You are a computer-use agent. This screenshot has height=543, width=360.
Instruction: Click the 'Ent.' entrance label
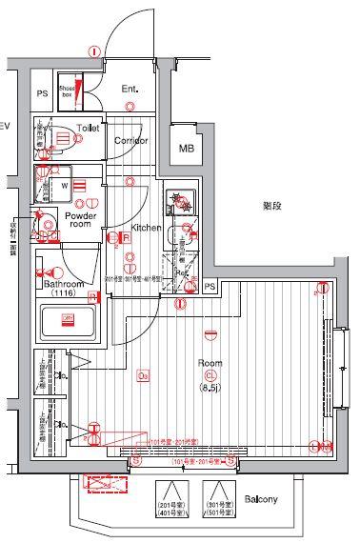click(x=130, y=90)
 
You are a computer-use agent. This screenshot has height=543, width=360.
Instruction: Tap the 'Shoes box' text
click(x=67, y=91)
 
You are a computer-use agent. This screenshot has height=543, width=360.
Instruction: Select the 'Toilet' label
click(x=89, y=127)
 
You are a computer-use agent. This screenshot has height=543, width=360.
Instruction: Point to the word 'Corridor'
click(x=130, y=140)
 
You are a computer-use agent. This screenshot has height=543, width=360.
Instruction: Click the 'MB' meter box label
click(x=186, y=149)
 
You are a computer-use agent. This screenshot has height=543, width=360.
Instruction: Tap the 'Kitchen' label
click(x=146, y=228)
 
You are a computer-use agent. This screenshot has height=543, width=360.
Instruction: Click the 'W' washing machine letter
click(x=64, y=187)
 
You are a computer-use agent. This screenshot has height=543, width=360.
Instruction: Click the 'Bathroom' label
click(x=64, y=285)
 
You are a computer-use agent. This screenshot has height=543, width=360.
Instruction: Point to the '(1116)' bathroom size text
click(x=64, y=295)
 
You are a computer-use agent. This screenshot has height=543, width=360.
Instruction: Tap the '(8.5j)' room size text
click(x=210, y=389)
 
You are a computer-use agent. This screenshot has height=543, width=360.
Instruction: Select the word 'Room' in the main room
click(x=210, y=363)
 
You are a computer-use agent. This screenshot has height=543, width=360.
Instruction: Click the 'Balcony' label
click(x=259, y=499)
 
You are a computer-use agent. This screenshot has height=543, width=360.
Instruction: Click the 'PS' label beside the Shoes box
click(x=42, y=93)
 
